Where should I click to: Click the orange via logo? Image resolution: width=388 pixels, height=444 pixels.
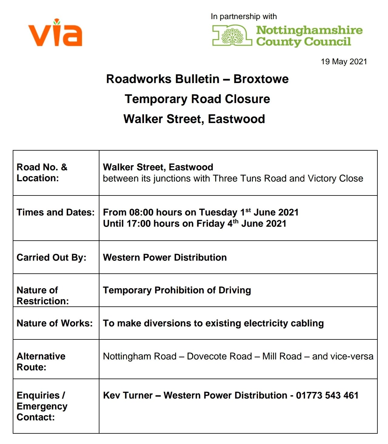[55, 33]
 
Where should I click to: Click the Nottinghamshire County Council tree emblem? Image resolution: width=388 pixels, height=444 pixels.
[232, 35]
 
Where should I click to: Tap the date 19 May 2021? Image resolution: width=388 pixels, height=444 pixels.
[344, 62]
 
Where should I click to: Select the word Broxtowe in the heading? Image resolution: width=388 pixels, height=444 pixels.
[261, 79]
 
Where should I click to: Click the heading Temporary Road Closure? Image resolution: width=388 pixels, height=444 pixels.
[197, 99]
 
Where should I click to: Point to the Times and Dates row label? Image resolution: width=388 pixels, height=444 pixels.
[56, 212]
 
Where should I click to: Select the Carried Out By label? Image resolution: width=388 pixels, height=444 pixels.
[52, 257]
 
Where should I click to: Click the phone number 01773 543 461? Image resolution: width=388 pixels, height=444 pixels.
[327, 395]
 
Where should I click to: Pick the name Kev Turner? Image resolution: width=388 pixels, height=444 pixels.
[128, 395]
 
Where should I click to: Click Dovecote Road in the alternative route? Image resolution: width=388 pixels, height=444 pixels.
[219, 356]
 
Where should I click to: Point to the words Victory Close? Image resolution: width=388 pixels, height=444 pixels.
[335, 178]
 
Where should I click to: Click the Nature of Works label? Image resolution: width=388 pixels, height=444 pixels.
[55, 323]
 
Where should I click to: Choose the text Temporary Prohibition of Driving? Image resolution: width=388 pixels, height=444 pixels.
[177, 290]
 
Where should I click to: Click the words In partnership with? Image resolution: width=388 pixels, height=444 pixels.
[244, 16]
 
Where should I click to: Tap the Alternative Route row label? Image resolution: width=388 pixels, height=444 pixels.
[41, 361]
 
